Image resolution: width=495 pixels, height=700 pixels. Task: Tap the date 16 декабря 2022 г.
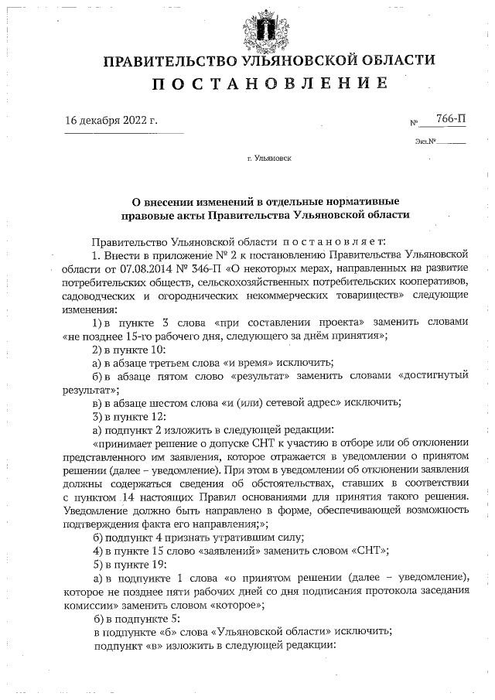(111, 120)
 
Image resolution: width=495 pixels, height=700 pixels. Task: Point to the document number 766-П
(451, 118)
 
